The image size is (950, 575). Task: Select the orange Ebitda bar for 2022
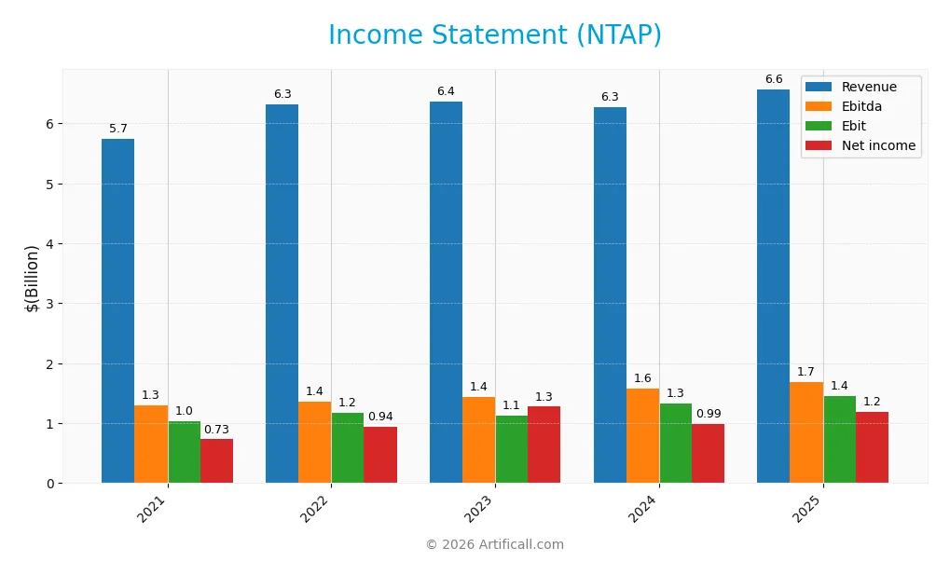click(314, 442)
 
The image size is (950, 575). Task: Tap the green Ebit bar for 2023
click(511, 449)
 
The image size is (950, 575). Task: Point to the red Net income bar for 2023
click(544, 445)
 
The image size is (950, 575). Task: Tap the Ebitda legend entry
click(860, 106)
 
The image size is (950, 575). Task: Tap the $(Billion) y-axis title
click(33, 278)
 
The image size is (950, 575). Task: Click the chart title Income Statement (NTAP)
click(494, 35)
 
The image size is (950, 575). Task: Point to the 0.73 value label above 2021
click(216, 430)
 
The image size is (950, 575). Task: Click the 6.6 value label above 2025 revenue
click(774, 79)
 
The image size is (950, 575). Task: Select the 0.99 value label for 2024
click(708, 414)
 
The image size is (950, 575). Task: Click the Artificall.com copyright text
click(494, 544)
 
